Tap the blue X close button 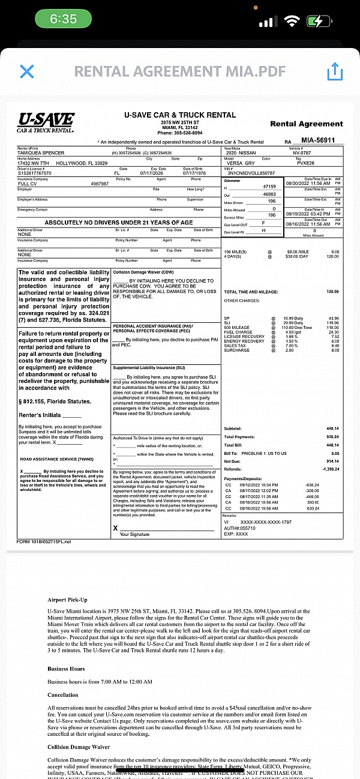(27, 72)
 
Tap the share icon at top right (334, 72)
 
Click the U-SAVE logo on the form (46, 122)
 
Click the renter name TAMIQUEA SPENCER (41, 153)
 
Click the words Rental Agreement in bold (306, 124)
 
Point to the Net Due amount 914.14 (332, 461)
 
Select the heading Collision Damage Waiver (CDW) (139, 272)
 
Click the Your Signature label (134, 534)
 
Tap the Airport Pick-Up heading (67, 600)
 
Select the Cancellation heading (64, 694)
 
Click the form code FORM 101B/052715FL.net (44, 541)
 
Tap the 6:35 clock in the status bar (63, 19)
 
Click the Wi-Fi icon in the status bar (292, 21)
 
